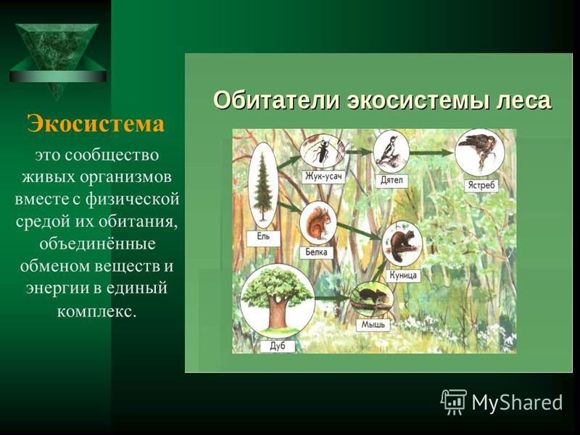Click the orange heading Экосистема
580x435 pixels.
96,123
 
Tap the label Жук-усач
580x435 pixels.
324,177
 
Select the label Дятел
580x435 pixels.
391,181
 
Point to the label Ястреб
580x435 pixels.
481,185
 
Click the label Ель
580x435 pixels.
263,236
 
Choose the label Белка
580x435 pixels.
316,252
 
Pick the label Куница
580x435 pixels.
403,275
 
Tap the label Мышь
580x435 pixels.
373,325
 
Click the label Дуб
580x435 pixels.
278,346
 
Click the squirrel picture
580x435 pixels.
318,223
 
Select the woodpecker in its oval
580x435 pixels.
389,152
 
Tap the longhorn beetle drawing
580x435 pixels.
322,151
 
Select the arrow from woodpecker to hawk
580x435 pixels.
431,152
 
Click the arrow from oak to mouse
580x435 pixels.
333,298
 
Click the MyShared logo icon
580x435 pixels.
454,402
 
